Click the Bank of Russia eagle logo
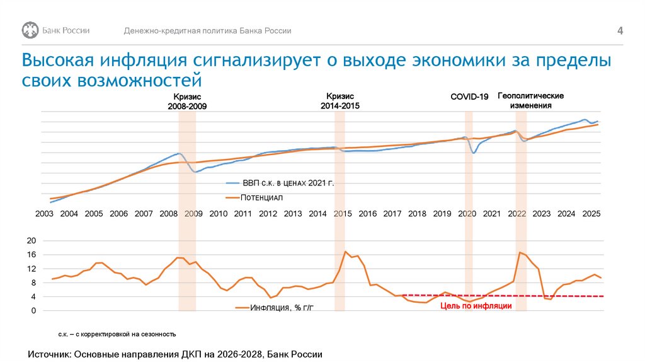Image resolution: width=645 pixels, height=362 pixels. pos(30,30)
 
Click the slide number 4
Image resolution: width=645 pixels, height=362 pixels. pos(620,32)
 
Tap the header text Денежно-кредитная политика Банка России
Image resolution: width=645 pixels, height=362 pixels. pos(207,31)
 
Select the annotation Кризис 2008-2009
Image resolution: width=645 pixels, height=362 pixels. pos(187,102)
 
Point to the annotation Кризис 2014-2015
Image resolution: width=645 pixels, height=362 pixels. pos(340,101)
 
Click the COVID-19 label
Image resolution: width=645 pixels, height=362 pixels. pos(469,96)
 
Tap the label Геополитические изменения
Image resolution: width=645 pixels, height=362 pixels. pos(530,100)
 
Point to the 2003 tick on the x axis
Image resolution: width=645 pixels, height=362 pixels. pos(44,214)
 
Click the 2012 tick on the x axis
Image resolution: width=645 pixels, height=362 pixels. pos(268,214)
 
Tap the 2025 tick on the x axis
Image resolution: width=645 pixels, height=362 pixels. pos(591,214)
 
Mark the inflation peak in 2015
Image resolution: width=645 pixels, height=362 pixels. pos(345,252)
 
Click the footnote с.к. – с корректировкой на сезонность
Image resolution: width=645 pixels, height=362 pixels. pos(118,334)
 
